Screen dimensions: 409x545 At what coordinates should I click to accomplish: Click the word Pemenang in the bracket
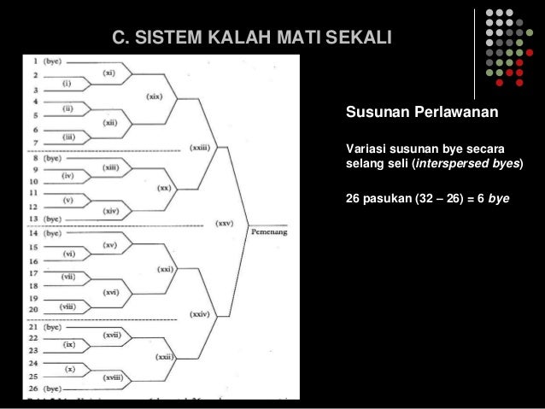pyautogui.click(x=269, y=231)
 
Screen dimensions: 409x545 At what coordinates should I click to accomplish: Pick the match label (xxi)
pyautogui.click(x=165, y=269)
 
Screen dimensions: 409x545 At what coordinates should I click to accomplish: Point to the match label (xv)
pyautogui.click(x=109, y=245)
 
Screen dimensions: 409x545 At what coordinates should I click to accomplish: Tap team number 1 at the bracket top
pyautogui.click(x=35, y=61)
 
